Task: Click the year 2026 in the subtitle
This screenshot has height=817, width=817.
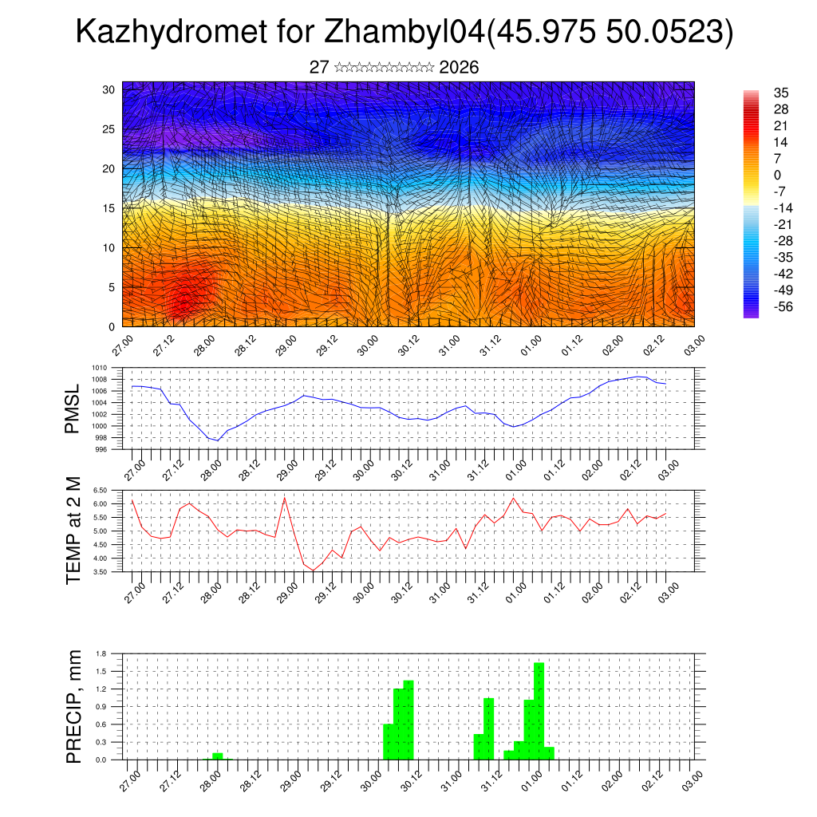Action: click(459, 68)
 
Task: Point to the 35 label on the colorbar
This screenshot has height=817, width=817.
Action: click(782, 93)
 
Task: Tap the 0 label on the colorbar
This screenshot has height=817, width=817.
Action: click(777, 175)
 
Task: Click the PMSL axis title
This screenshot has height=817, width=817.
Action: click(73, 408)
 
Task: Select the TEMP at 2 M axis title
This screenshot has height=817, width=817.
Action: click(73, 531)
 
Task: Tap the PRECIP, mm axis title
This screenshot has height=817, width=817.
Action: click(73, 706)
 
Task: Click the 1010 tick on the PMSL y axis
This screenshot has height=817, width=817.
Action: click(99, 369)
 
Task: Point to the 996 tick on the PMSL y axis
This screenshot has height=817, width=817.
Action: click(101, 449)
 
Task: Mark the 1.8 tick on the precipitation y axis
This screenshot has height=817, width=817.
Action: click(101, 653)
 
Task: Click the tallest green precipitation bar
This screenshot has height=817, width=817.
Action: click(539, 710)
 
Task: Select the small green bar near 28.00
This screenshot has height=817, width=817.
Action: click(217, 756)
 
